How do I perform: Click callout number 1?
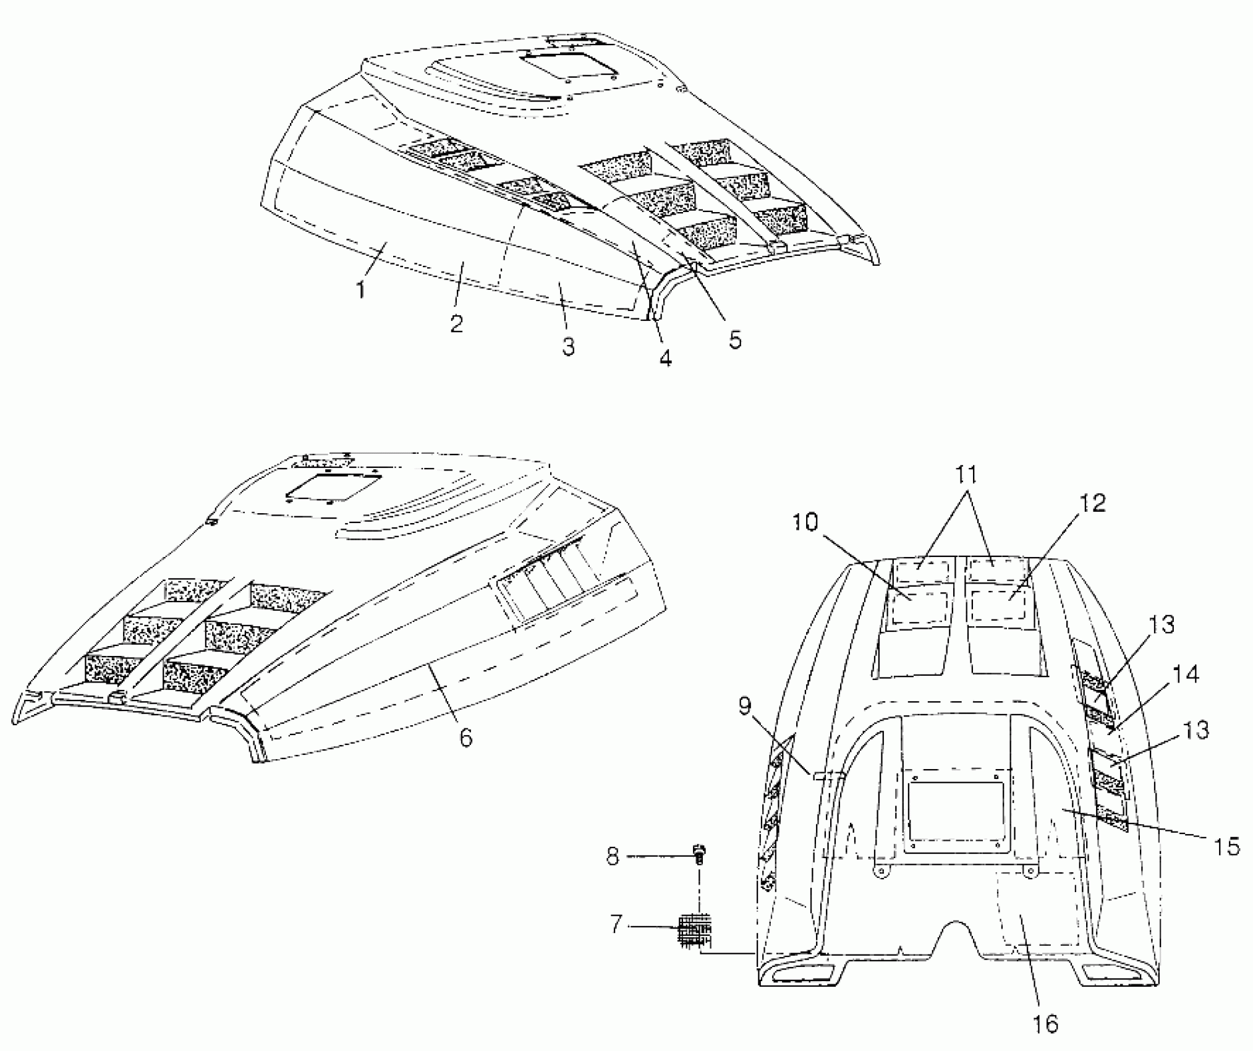(361, 289)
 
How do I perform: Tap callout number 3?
(568, 346)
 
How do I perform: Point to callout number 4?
(665, 357)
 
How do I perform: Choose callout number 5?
(734, 339)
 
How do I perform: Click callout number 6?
(465, 737)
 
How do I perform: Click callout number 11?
(966, 475)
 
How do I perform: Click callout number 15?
(1225, 846)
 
